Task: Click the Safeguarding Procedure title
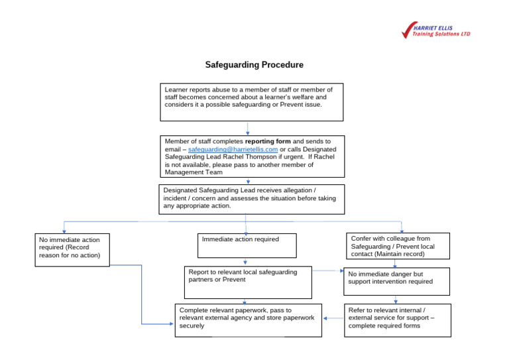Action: coord(254,65)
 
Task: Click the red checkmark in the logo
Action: coord(407,30)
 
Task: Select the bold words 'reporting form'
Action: coord(268,141)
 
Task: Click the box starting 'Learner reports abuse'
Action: coord(251,101)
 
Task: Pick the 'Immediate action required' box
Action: coord(247,245)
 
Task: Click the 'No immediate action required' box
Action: coord(72,249)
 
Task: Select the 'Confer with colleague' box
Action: coord(398,245)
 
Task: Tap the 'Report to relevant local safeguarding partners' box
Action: coord(248,282)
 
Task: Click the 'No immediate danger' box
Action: coord(396,280)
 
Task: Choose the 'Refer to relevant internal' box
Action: coord(397,320)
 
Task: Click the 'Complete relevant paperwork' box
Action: coord(249,320)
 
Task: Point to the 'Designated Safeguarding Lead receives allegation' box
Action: coord(252,199)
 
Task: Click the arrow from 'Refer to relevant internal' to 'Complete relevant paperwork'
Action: coord(333,318)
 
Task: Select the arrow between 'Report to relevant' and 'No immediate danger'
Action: coord(328,270)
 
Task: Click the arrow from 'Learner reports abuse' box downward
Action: coord(248,129)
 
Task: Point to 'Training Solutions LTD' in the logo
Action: coord(441,34)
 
